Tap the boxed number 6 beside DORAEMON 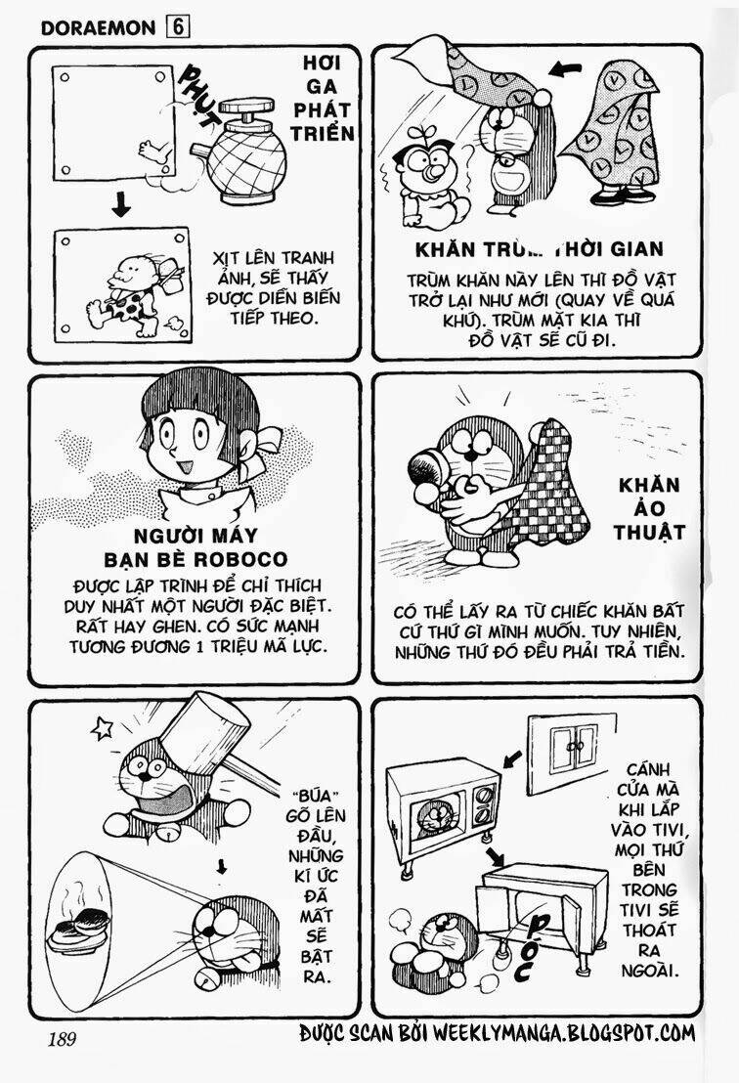tap(178, 27)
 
